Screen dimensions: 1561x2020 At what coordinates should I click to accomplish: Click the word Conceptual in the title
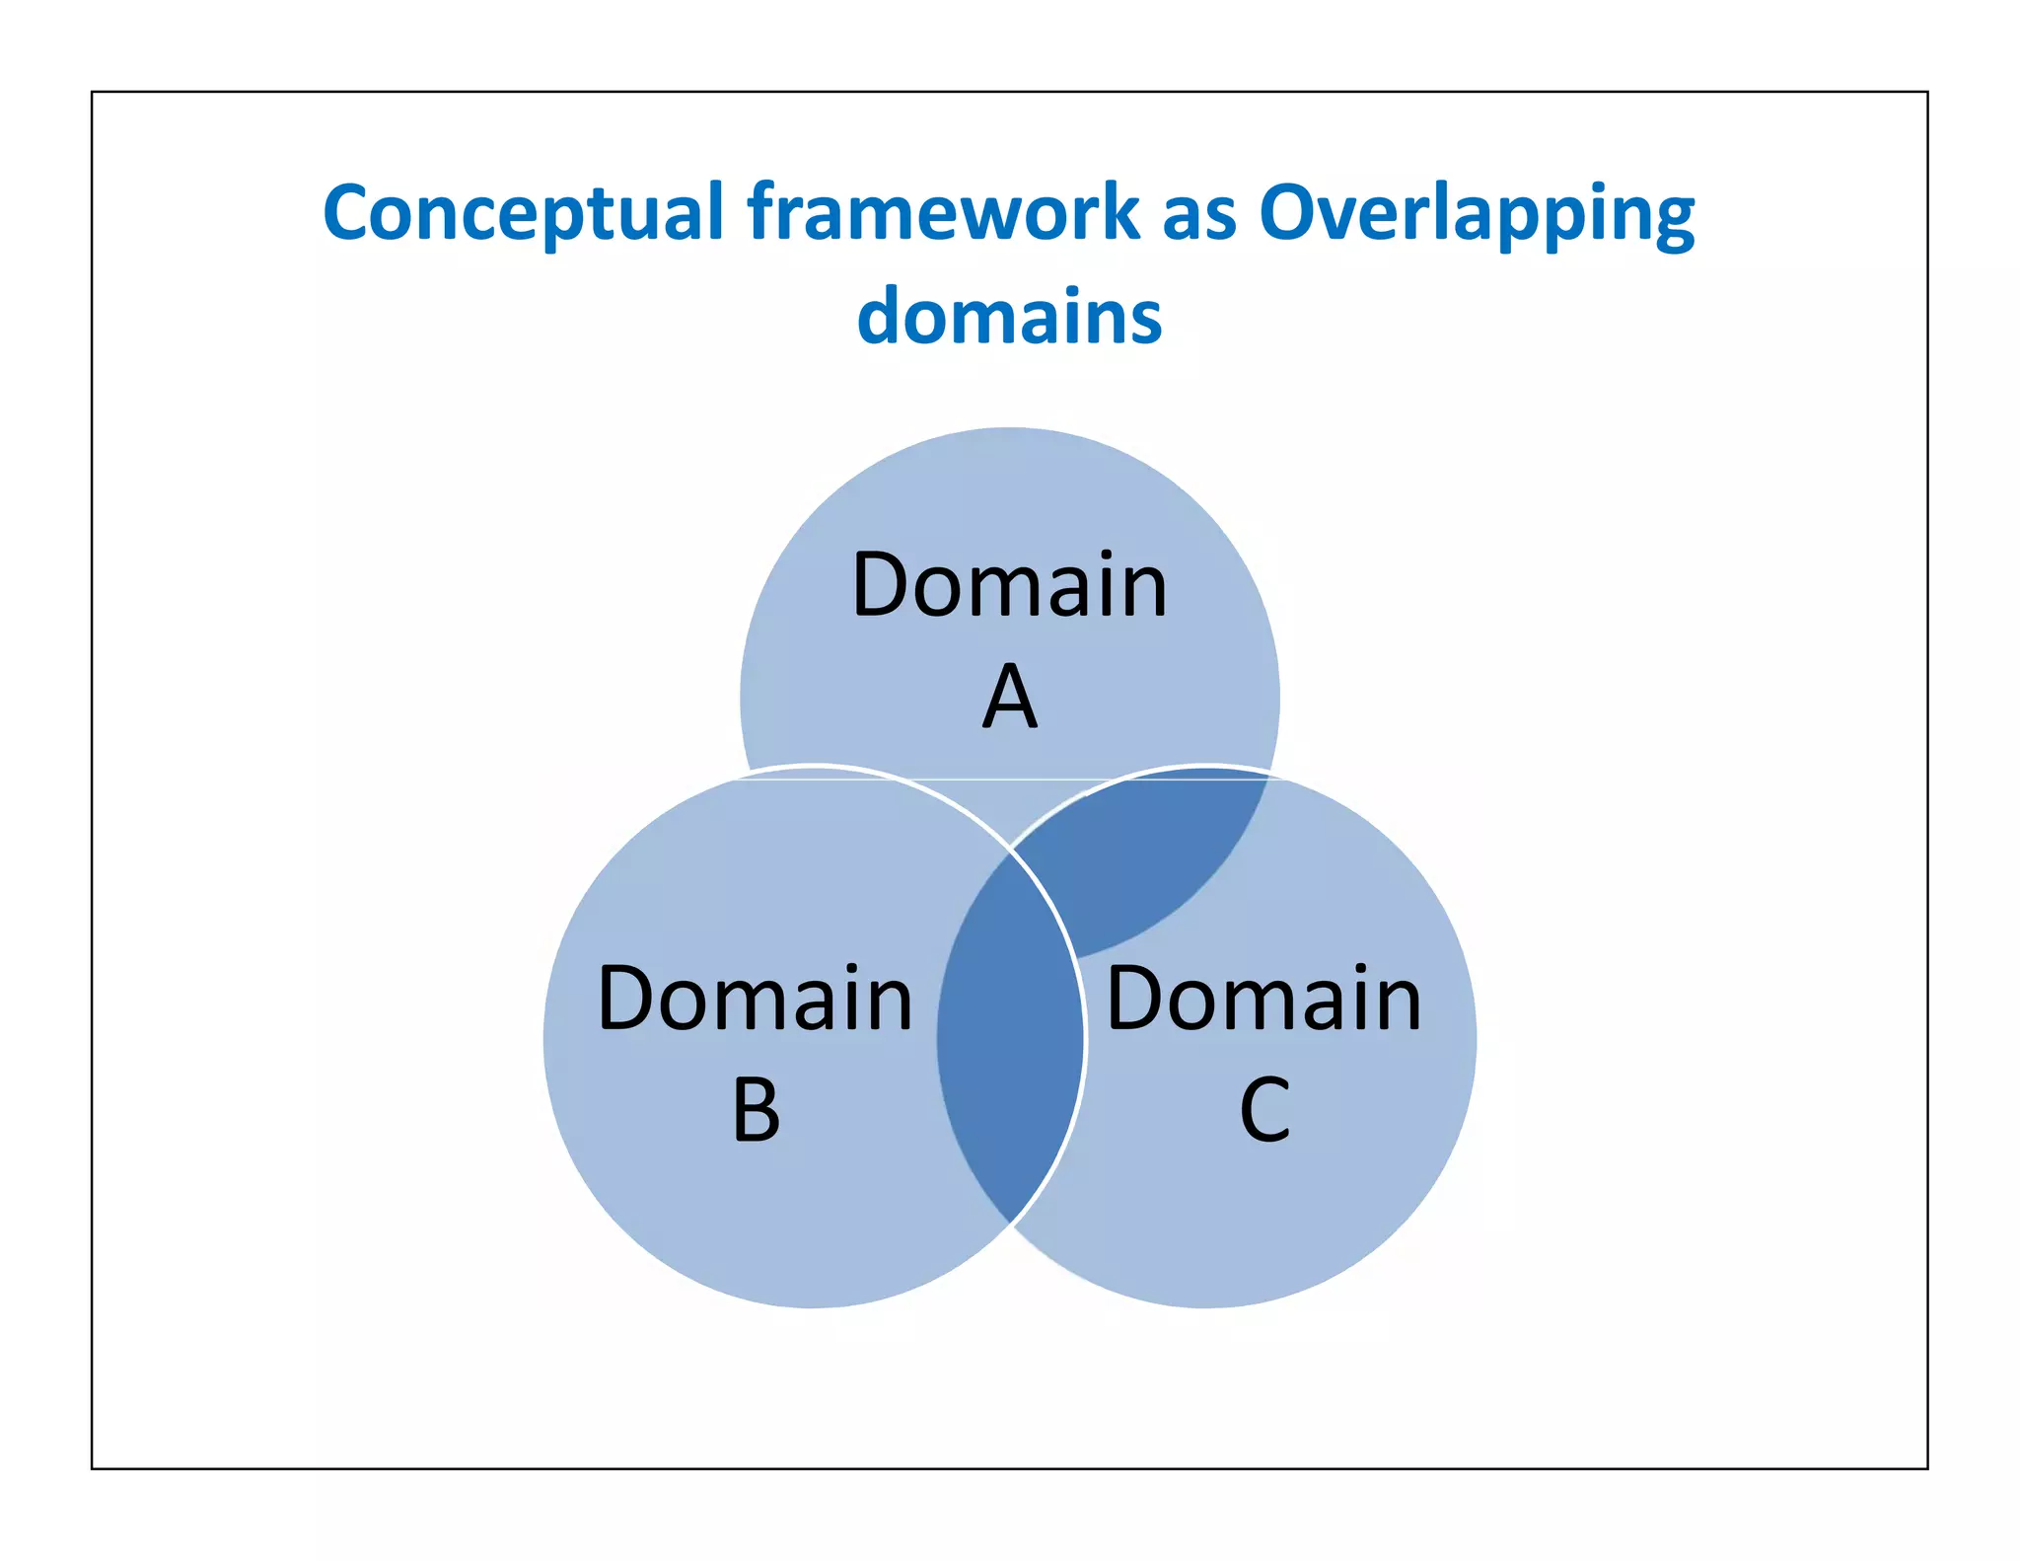point(523,214)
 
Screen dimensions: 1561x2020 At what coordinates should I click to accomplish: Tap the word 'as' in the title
point(1198,214)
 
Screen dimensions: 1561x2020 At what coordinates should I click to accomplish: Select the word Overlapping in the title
point(1477,214)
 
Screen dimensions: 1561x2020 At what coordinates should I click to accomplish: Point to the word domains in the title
point(1009,317)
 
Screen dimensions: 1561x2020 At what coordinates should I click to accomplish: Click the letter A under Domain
point(1009,697)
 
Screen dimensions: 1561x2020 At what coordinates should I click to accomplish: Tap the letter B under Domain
point(757,1110)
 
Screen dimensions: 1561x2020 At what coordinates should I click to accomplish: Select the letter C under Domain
point(1264,1110)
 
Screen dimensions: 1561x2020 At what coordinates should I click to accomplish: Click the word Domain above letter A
point(1009,585)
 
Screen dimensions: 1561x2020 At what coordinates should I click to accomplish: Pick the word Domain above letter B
point(756,999)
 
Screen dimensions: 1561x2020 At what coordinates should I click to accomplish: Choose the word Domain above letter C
point(1264,999)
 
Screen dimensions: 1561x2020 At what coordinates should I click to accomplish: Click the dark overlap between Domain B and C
point(1009,1036)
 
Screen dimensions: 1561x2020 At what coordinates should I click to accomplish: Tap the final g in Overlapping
point(1670,221)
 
